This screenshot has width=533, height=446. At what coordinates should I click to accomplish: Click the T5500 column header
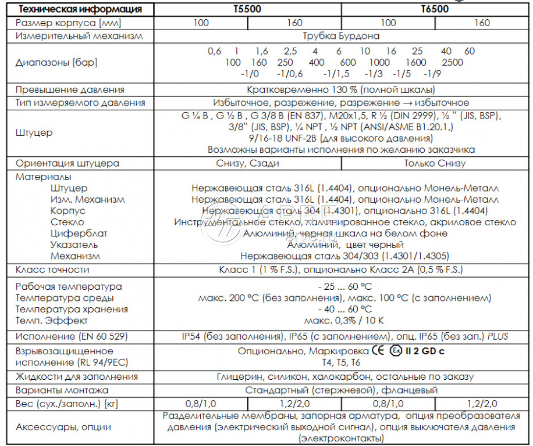pyautogui.click(x=247, y=9)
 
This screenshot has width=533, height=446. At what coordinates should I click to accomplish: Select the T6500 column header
pyautogui.click(x=435, y=9)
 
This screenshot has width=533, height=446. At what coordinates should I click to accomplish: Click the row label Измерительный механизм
pyautogui.click(x=79, y=36)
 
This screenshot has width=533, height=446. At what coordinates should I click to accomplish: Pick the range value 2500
pyautogui.click(x=452, y=62)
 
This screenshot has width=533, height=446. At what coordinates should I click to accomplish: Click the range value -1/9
pyautogui.click(x=432, y=74)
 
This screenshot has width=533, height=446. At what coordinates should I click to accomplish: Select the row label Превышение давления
pyautogui.click(x=70, y=90)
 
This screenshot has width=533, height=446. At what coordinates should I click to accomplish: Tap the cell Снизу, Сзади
pyautogui.click(x=247, y=163)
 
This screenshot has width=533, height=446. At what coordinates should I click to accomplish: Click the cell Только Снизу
pyautogui.click(x=435, y=163)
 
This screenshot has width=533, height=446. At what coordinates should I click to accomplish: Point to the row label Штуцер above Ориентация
pyautogui.click(x=34, y=132)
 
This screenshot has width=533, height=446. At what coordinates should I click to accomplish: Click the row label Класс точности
pyautogui.click(x=52, y=269)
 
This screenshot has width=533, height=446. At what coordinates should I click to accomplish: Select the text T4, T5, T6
pyautogui.click(x=341, y=362)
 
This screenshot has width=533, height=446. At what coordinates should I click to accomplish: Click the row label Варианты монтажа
pyautogui.click(x=62, y=390)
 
